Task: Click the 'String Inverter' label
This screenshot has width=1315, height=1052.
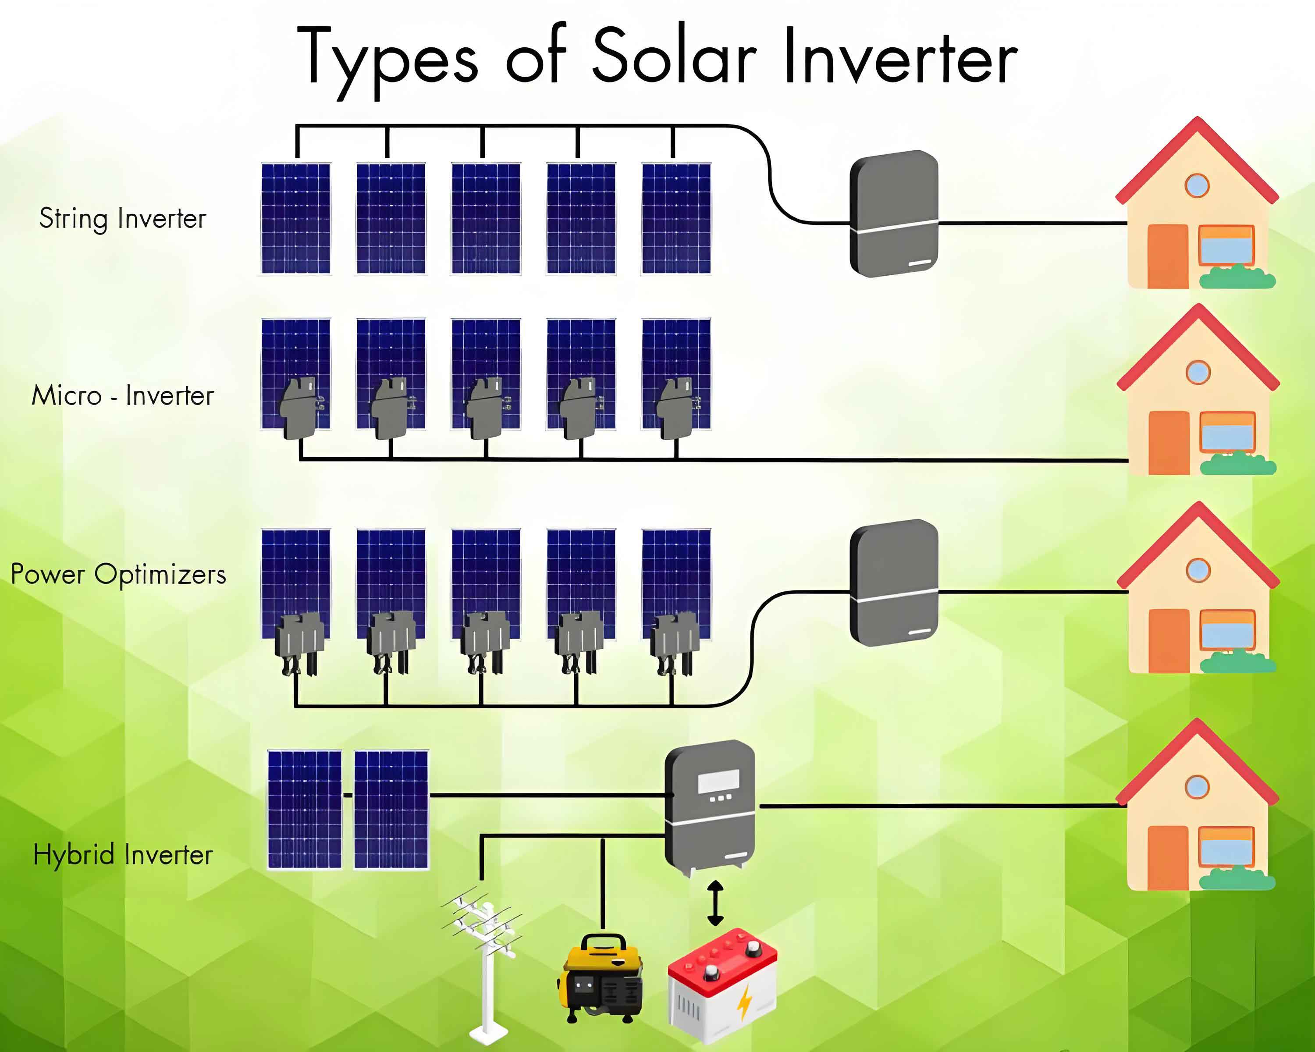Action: (x=123, y=218)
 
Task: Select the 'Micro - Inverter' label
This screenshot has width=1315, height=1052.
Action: (x=123, y=395)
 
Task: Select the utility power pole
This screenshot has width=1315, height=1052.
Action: (x=483, y=963)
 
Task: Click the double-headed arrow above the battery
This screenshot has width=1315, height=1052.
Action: (x=715, y=903)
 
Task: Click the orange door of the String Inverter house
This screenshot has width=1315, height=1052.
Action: (x=1168, y=256)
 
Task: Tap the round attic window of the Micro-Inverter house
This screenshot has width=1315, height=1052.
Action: (x=1198, y=372)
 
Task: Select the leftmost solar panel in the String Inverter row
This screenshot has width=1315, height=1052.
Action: (x=296, y=218)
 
